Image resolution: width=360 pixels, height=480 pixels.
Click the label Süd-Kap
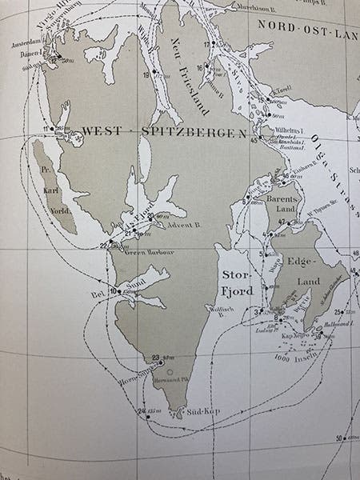(x=204, y=411)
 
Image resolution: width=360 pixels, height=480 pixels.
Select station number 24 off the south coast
(x=142, y=411)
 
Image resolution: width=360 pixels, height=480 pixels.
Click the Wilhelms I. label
(x=289, y=126)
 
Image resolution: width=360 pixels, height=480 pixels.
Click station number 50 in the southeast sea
(x=339, y=438)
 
